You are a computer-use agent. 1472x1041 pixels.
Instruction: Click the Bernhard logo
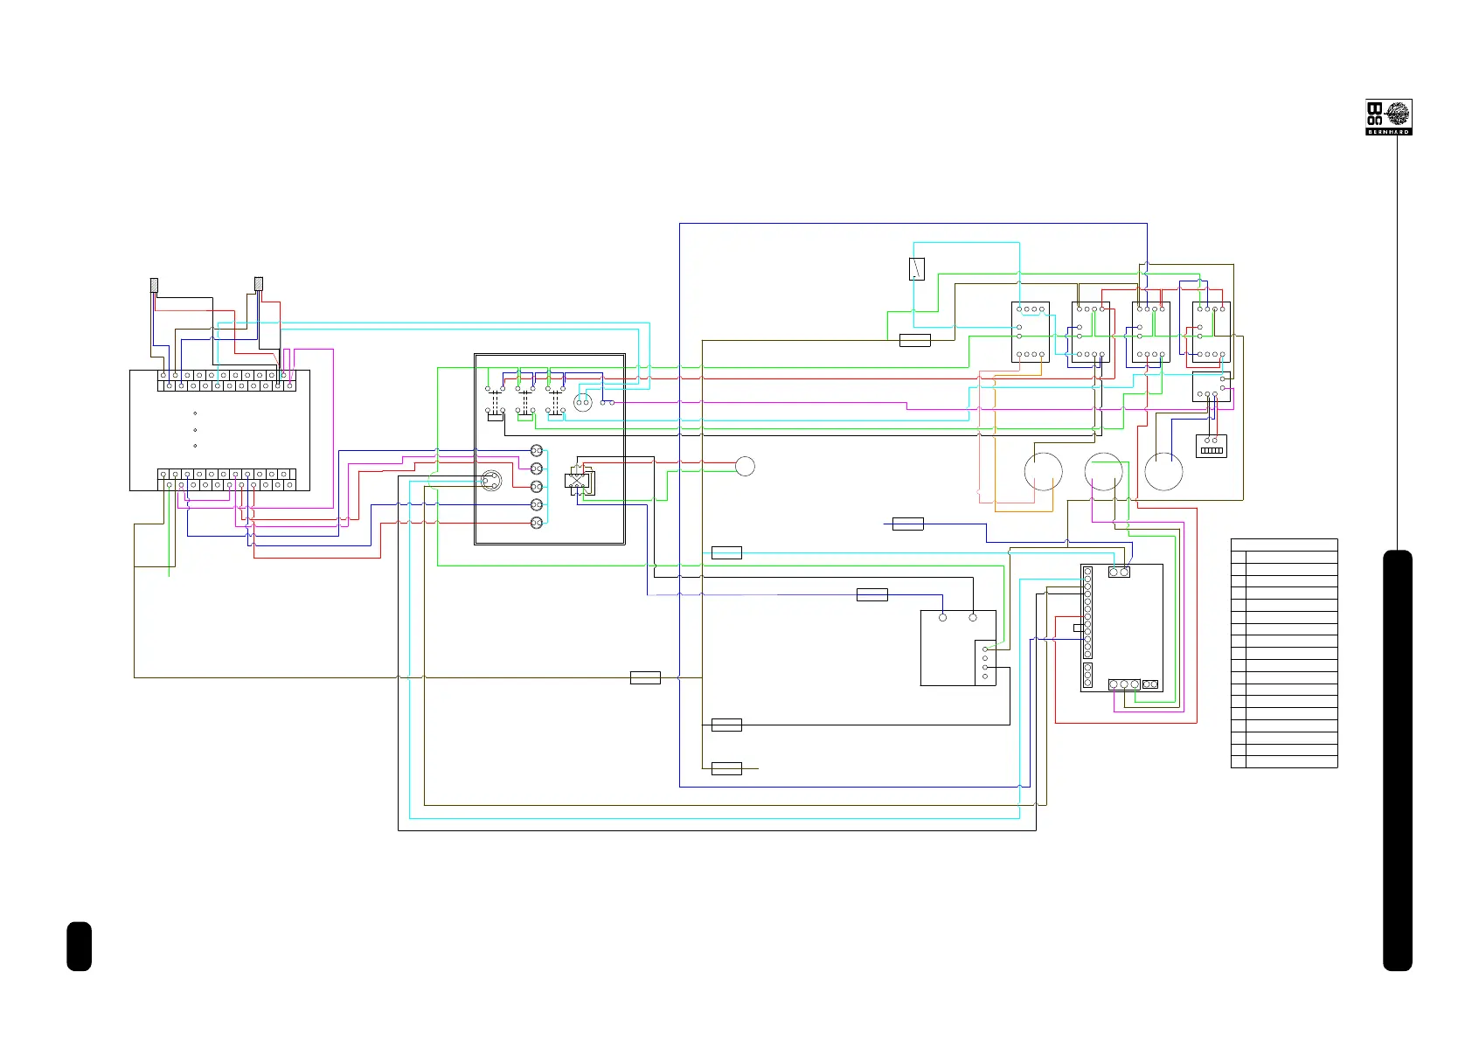[x=1388, y=117]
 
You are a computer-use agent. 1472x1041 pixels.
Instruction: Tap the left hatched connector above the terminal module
[x=155, y=284]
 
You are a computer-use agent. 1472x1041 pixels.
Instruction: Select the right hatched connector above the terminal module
[x=259, y=283]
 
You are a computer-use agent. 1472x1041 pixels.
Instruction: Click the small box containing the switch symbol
[x=917, y=268]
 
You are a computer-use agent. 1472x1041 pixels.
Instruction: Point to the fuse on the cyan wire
[x=726, y=552]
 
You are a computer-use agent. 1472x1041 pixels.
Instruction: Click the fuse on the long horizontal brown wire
[x=645, y=677]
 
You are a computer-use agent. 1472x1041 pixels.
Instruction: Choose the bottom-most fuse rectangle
[x=726, y=768]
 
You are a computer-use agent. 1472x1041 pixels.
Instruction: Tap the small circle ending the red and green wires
[x=745, y=466]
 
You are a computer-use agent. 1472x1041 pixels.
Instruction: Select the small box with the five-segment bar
[x=1212, y=446]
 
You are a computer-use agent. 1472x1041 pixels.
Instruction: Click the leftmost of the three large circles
[x=1044, y=472]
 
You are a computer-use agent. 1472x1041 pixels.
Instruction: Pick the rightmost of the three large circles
[x=1163, y=472]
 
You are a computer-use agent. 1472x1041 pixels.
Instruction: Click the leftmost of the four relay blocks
[x=1031, y=332]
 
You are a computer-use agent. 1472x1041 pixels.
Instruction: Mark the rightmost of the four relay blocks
[x=1212, y=332]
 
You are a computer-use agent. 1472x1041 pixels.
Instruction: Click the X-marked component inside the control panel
[x=577, y=480]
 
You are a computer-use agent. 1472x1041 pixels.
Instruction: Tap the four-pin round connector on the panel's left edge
[x=492, y=480]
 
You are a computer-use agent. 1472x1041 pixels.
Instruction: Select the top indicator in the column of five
[x=537, y=451]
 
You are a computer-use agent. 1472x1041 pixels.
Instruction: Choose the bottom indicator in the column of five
[x=537, y=523]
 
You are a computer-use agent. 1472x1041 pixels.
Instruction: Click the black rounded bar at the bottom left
[x=79, y=946]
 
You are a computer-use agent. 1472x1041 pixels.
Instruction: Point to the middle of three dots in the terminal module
[x=195, y=430]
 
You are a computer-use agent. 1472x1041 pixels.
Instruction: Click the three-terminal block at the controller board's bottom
[x=1124, y=684]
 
